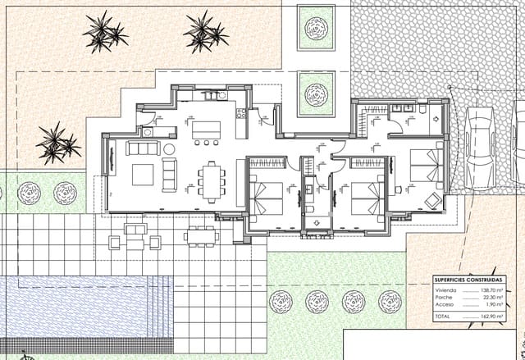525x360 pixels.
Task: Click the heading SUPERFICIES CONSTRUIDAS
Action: pyautogui.click(x=470, y=281)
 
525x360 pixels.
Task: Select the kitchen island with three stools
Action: pyautogui.click(x=207, y=130)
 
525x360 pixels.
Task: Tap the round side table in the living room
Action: pyautogui.click(x=169, y=148)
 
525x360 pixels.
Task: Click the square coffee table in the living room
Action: pyautogui.click(x=144, y=174)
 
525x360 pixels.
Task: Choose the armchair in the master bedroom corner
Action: pyautogui.click(x=432, y=198)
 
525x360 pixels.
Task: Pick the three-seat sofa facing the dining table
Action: pyautogui.click(x=171, y=174)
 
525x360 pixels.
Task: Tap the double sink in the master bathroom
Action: pyautogui.click(x=403, y=108)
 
